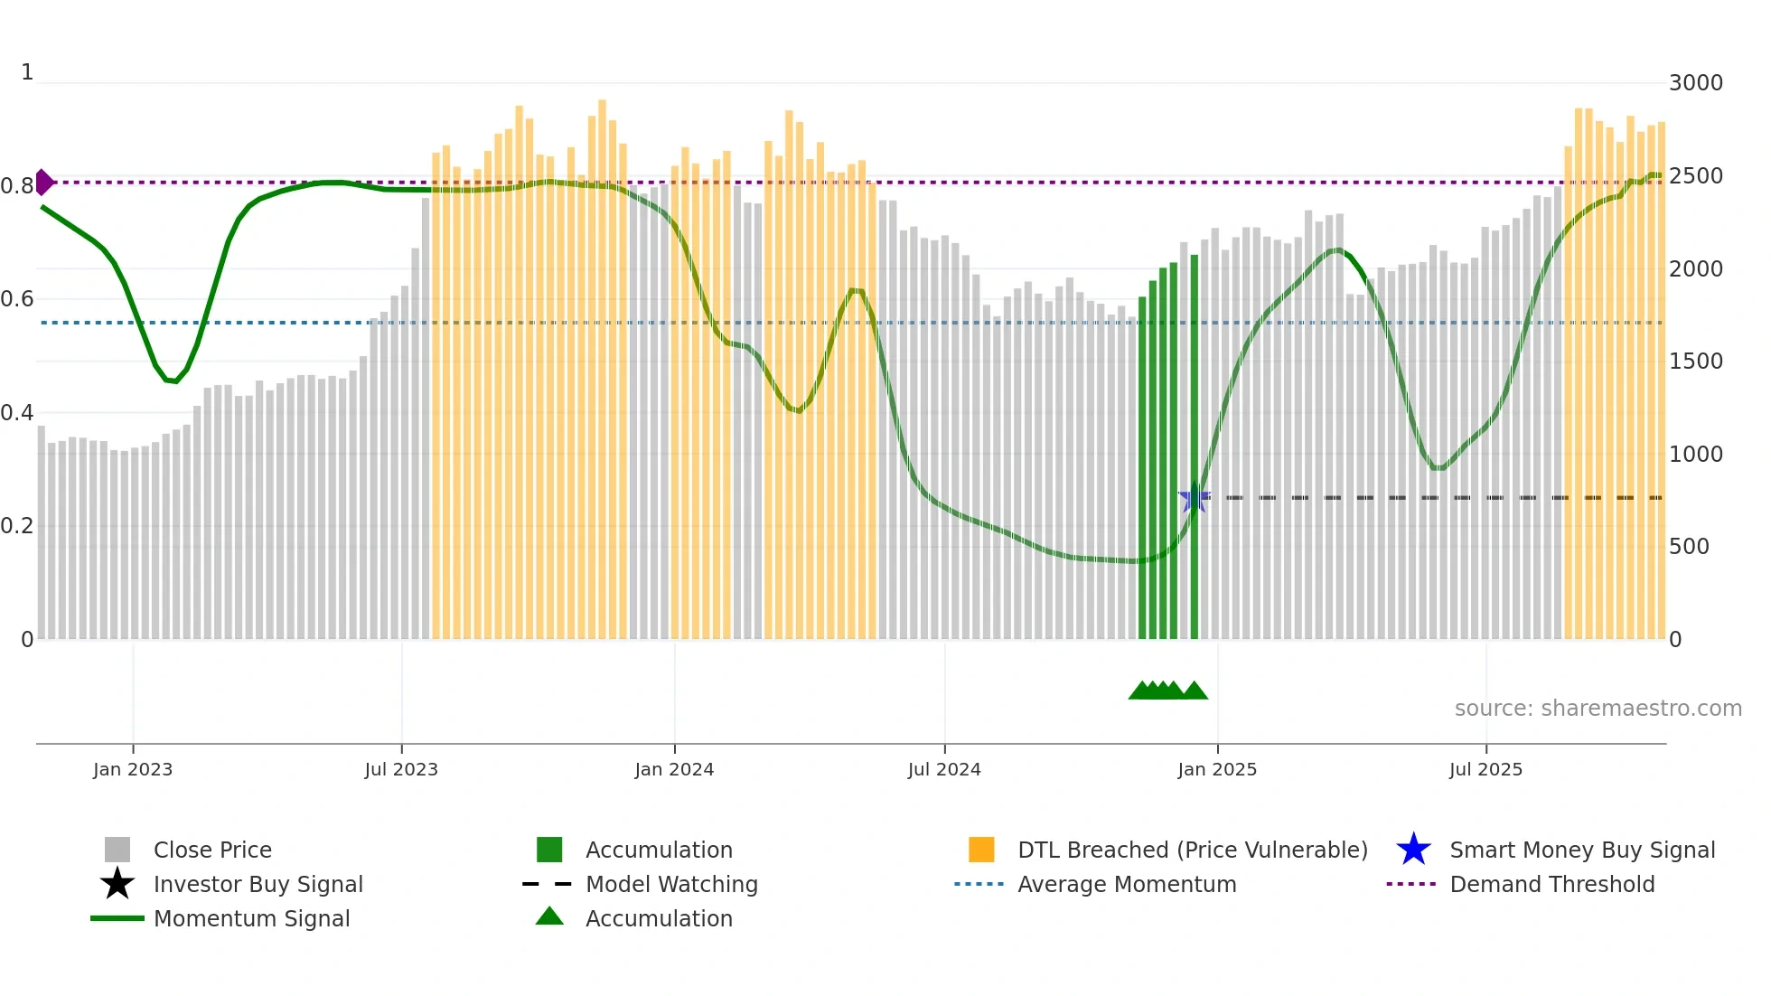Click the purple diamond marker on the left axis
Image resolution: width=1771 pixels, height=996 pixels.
(x=43, y=182)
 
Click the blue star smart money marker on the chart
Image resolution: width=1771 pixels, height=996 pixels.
(x=1194, y=497)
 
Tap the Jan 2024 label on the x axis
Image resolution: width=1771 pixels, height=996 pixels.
(x=674, y=769)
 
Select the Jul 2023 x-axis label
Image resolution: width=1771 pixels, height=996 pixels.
(x=401, y=769)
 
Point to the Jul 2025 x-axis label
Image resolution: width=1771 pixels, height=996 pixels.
(x=1485, y=769)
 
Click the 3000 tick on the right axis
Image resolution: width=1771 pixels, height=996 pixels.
(x=1695, y=83)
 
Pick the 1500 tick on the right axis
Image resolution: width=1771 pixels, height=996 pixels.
(x=1695, y=362)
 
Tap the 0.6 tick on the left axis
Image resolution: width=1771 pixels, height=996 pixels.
(x=16, y=299)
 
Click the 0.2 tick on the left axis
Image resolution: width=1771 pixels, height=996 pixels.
(x=16, y=526)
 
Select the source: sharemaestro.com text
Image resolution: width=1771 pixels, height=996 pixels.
(x=1598, y=709)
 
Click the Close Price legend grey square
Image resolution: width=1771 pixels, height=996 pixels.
(x=117, y=850)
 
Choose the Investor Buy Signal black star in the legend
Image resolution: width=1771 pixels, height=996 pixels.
(x=117, y=884)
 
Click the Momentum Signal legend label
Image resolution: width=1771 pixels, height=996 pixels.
(x=251, y=918)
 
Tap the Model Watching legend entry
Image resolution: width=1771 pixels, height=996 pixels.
(x=671, y=884)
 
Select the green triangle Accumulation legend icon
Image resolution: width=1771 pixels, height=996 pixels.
(x=549, y=916)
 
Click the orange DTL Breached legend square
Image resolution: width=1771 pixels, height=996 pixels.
(x=981, y=850)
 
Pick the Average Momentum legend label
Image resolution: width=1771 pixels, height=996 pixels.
(x=1127, y=884)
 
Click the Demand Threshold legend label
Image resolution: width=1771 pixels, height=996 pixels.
(x=1551, y=884)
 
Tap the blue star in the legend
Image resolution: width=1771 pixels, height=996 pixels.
(x=1413, y=850)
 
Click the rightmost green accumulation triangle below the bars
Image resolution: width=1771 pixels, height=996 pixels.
(x=1195, y=691)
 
